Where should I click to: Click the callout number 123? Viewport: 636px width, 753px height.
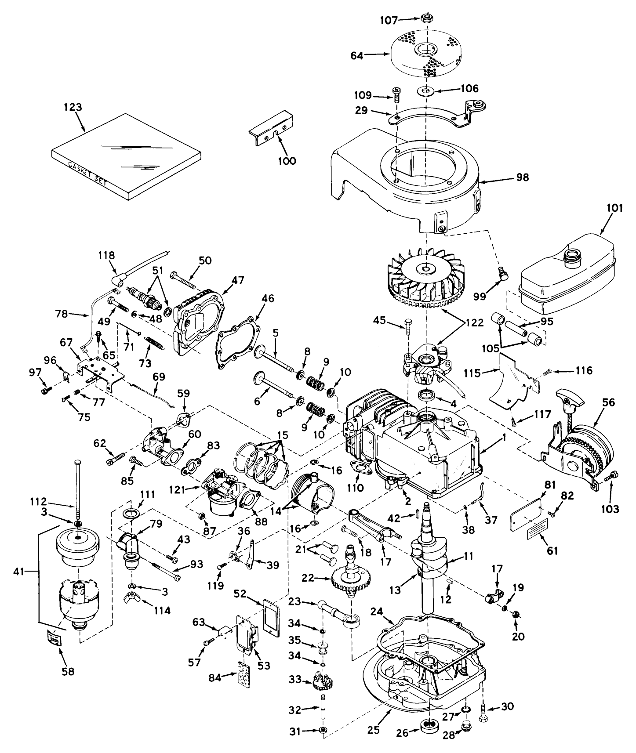(x=73, y=107)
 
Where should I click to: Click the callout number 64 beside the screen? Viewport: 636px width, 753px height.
(x=356, y=56)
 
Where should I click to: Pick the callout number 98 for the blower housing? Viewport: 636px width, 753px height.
(x=523, y=177)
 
